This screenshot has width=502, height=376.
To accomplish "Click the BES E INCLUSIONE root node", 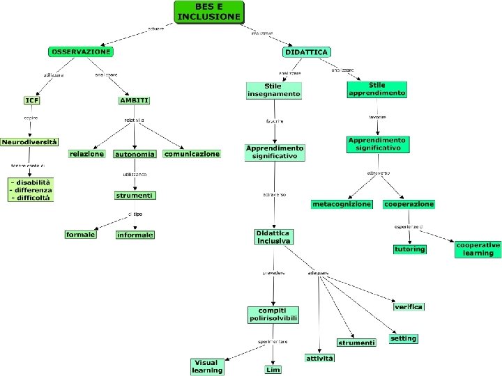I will point(209,12).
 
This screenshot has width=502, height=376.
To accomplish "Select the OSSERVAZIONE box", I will point(81,52).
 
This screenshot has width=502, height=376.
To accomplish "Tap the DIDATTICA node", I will point(307,52).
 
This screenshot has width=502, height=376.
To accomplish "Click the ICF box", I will point(31,100).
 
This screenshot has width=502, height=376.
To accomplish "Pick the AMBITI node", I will point(135,100).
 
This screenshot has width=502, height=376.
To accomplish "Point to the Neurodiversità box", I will point(29,141).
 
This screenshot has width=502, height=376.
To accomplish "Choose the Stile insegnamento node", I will point(274,90).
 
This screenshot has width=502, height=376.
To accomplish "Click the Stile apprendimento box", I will point(377,89).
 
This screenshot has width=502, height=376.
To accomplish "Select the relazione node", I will point(86,154).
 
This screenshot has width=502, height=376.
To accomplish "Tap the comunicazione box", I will point(192,154).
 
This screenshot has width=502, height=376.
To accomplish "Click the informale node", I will point(135,235).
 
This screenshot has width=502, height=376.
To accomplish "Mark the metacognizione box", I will point(342,204).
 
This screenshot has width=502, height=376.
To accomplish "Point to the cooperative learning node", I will point(478,249).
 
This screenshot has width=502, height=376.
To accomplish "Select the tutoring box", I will point(409,249).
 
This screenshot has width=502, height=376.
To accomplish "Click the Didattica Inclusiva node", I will point(273,237).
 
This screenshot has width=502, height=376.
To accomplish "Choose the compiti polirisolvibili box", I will point(273,314).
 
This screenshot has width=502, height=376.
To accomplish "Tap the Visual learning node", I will point(207,366).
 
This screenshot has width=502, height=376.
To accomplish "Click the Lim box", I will point(273,370).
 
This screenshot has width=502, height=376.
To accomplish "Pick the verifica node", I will point(409,307).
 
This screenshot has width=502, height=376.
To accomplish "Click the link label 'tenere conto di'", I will point(28,166).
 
